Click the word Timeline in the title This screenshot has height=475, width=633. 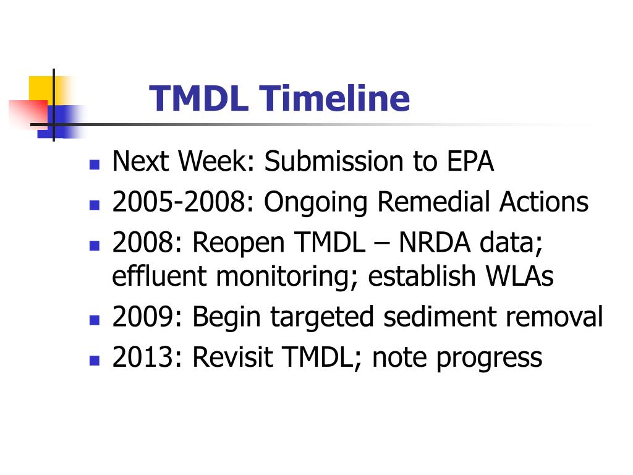point(334,99)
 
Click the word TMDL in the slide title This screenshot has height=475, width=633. point(198,99)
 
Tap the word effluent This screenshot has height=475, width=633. point(159,276)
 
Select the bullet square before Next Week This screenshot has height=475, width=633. point(95,165)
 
